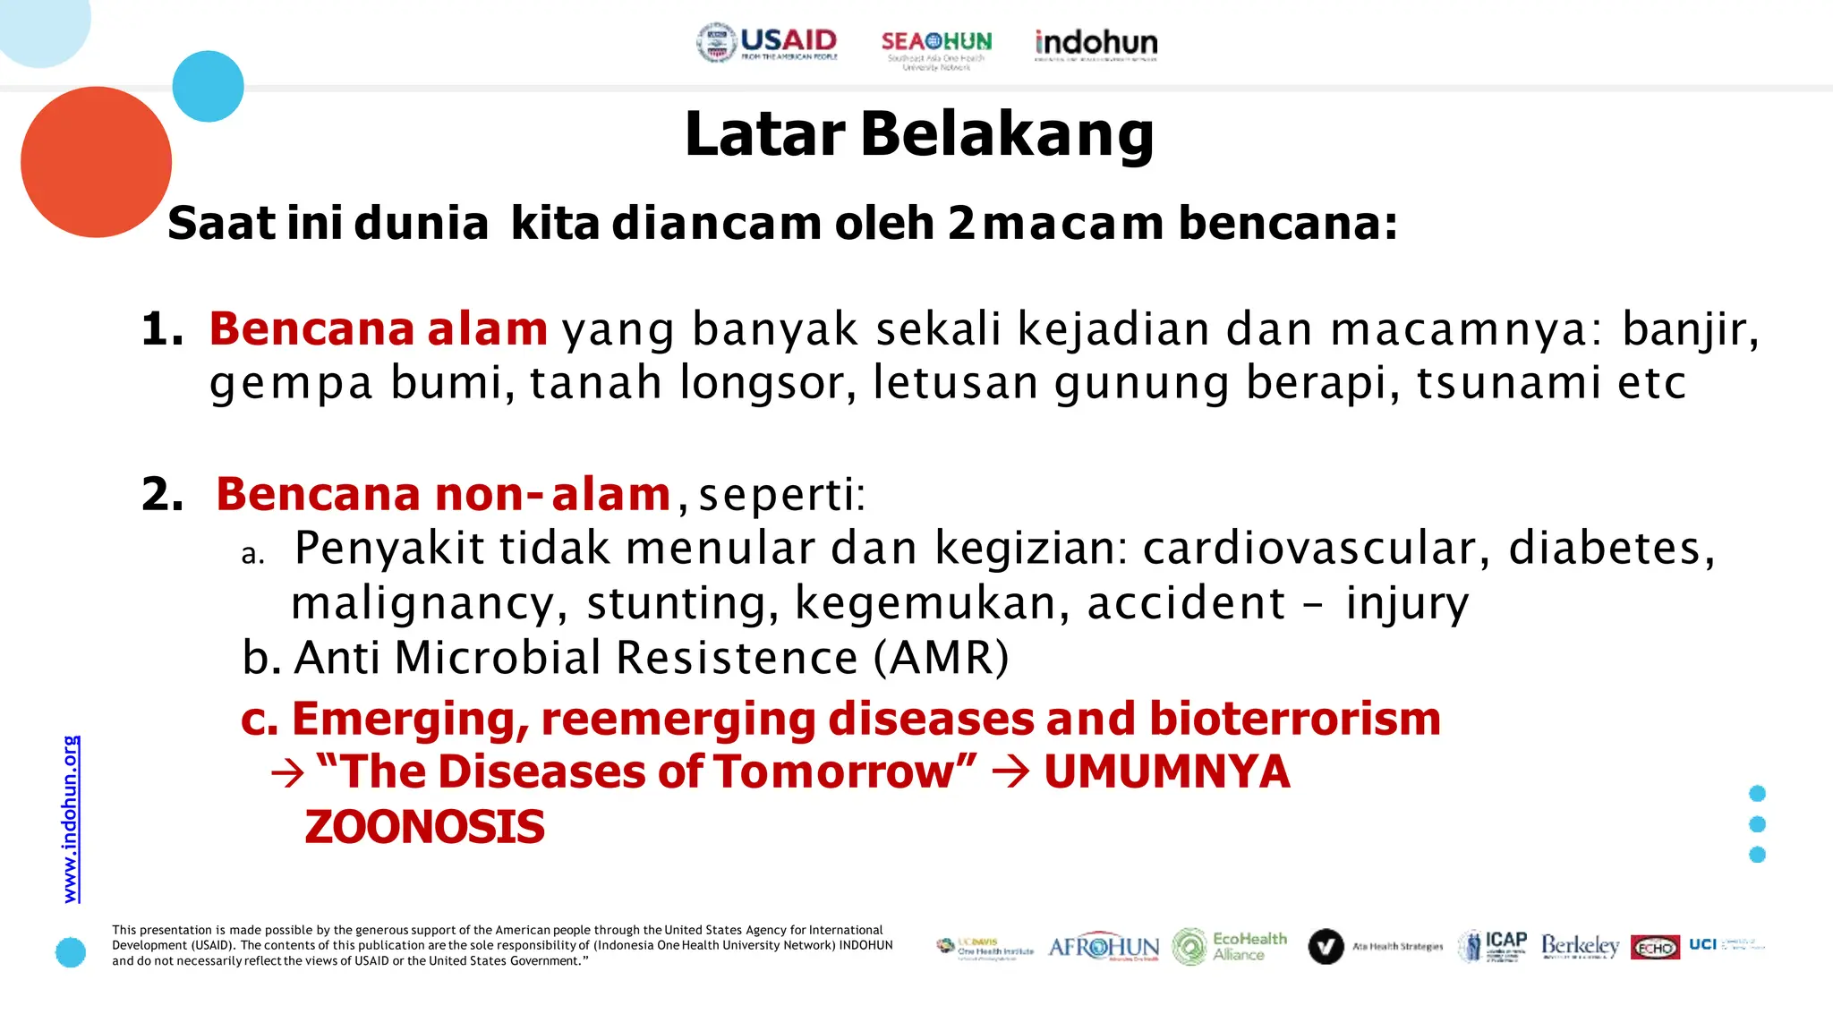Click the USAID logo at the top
click(767, 42)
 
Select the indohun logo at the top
click(1096, 44)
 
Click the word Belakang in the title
click(1008, 134)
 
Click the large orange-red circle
click(96, 162)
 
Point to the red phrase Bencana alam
click(378, 328)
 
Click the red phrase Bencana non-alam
click(443, 494)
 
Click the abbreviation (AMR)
click(941, 658)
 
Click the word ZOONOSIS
click(424, 827)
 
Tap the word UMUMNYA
click(1166, 772)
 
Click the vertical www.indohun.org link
click(71, 819)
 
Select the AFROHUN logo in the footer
click(1103, 947)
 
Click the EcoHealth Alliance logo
click(1230, 946)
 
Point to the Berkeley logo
click(1580, 946)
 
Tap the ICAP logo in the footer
click(1492, 946)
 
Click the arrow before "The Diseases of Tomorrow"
click(287, 773)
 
